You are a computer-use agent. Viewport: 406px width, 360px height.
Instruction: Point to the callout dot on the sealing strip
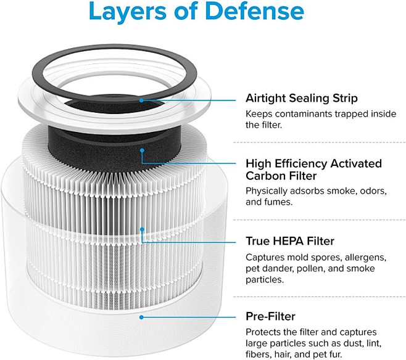(x=142, y=99)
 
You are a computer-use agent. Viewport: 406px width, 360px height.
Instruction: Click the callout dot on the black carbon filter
(x=142, y=150)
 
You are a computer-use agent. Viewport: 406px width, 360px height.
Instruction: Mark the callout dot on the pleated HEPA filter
(x=142, y=229)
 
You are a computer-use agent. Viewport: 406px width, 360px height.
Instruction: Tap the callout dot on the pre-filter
(x=142, y=317)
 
